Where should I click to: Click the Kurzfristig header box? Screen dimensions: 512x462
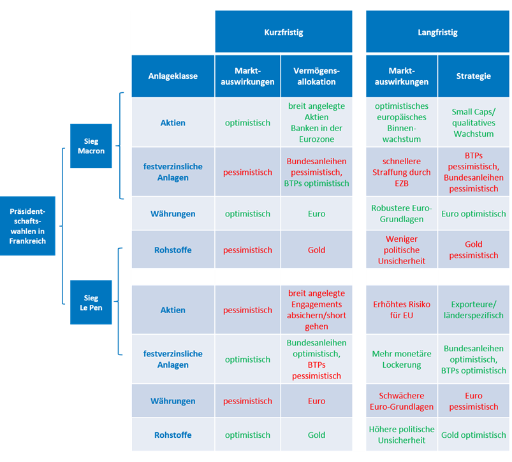[284, 32]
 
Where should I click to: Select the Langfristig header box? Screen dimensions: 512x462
[437, 32]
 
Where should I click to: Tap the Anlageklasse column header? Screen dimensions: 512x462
[173, 76]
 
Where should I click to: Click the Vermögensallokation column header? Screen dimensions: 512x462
[316, 76]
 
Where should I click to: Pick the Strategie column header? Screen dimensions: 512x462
[474, 76]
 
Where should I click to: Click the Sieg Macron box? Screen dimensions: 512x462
[91, 146]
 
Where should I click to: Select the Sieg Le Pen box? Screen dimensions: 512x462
[91, 302]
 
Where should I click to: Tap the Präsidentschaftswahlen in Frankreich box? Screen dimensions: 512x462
[27, 226]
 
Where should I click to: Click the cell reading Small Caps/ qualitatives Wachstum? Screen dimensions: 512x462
[474, 123]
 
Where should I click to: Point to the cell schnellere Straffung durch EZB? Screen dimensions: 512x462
[402, 172]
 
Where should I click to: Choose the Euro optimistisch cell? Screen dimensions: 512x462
[474, 214]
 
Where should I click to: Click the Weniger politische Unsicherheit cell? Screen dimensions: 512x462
[402, 249]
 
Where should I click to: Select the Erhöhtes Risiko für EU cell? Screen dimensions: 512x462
[402, 309]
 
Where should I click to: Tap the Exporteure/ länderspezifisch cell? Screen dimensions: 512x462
[474, 309]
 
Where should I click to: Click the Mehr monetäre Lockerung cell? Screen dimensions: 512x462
[402, 359]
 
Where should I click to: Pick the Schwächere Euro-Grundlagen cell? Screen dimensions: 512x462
[402, 401]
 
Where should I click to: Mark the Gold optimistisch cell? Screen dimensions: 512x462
[474, 435]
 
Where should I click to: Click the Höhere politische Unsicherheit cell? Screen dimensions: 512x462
[402, 435]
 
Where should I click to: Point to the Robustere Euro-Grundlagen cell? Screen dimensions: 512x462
[402, 214]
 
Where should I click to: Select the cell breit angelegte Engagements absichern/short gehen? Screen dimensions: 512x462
[316, 309]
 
